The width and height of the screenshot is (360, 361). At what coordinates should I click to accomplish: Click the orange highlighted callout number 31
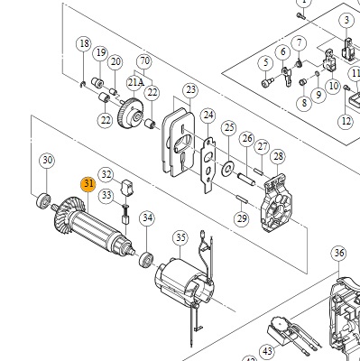(x=88, y=184)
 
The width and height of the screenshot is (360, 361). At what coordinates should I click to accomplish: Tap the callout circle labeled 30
(x=47, y=161)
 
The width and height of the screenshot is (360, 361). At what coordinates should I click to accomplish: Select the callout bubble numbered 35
(x=180, y=238)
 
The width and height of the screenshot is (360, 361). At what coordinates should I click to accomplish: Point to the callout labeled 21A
(x=134, y=82)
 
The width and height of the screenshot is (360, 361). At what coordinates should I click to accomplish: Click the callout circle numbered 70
(x=144, y=61)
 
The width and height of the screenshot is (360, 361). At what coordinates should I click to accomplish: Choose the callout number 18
(x=84, y=43)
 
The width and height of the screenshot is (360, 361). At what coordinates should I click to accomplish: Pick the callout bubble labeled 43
(x=267, y=351)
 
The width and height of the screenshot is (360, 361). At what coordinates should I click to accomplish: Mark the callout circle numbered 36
(x=338, y=253)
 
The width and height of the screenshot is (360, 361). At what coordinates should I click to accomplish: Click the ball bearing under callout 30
(x=43, y=201)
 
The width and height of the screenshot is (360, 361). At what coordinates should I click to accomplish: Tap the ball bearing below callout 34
(x=146, y=259)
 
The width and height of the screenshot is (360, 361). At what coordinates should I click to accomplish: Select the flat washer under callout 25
(x=227, y=169)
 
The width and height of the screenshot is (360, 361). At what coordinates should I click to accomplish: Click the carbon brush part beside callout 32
(x=127, y=188)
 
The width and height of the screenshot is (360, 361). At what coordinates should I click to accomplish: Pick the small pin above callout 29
(x=242, y=199)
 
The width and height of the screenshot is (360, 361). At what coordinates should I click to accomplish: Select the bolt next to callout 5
(x=268, y=81)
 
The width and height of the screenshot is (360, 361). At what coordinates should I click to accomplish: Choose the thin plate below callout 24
(x=208, y=164)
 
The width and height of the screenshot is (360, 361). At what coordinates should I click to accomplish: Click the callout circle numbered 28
(x=278, y=157)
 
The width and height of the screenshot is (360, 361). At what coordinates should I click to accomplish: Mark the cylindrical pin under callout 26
(x=246, y=179)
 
